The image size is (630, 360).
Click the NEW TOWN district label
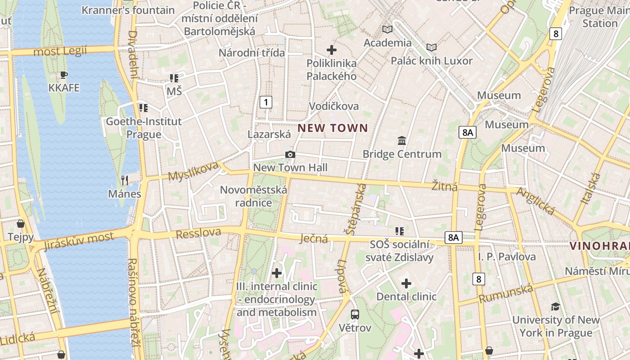coord(333,128)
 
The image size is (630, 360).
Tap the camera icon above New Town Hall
coord(290,155)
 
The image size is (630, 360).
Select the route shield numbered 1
coord(266,102)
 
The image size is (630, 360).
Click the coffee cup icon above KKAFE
coord(63,75)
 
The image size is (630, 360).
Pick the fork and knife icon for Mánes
coord(125,180)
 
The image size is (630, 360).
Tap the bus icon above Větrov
coord(355,314)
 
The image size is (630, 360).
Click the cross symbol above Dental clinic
coord(406,283)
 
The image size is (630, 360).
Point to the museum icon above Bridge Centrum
coord(402,140)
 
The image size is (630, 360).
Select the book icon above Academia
coord(387,29)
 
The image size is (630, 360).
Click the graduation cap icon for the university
coord(555,306)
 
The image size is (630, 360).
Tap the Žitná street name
coord(445,185)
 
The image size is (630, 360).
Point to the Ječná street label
coord(314,238)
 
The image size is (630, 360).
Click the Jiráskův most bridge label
coord(79,241)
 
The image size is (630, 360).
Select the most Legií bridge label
coord(60,51)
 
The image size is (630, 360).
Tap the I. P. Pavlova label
coord(507,257)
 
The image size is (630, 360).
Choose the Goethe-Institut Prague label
coord(144,128)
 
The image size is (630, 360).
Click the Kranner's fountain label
coord(128,10)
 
